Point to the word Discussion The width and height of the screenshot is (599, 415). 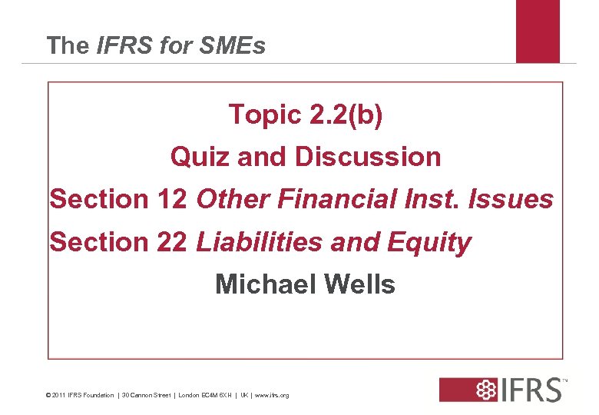tap(368, 158)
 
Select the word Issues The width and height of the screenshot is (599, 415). tap(515, 199)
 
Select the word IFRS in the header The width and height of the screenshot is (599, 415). tap(124, 46)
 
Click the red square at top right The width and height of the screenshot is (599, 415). tap(538, 31)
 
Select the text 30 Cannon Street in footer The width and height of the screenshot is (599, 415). tap(146, 395)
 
